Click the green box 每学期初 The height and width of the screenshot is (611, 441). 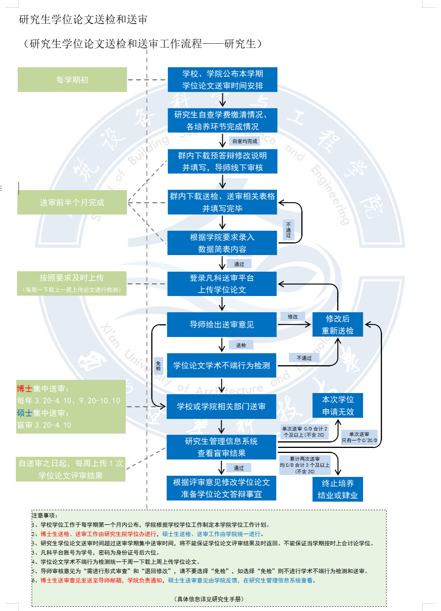tap(72, 80)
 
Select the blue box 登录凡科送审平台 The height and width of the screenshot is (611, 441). tap(222, 284)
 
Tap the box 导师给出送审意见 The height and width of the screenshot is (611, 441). tap(222, 325)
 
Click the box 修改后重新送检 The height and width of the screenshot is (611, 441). tap(338, 325)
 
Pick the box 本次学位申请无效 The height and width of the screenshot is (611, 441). tap(338, 405)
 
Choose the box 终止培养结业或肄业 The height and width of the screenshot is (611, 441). tap(338, 489)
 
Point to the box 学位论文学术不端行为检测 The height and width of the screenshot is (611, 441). tap(222, 365)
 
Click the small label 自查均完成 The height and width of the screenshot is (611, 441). tap(244, 141)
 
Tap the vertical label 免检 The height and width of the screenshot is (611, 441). tap(158, 366)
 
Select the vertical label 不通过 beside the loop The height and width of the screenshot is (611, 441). tap(288, 230)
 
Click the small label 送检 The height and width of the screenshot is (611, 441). tap(241, 345)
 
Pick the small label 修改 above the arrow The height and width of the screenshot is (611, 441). tap(293, 317)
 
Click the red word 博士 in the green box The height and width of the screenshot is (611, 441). tap(24, 389)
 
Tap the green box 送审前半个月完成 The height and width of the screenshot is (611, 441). tap(72, 202)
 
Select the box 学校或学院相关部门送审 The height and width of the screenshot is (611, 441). tap(221, 407)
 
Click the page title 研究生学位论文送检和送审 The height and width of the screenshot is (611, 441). tap(83, 19)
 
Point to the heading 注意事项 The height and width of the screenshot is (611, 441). tap(45, 516)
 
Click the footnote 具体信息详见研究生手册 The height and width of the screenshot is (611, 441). tap(209, 599)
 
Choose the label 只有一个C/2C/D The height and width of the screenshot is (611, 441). tap(359, 437)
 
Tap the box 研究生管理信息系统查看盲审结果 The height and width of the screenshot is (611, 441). tap(221, 447)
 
